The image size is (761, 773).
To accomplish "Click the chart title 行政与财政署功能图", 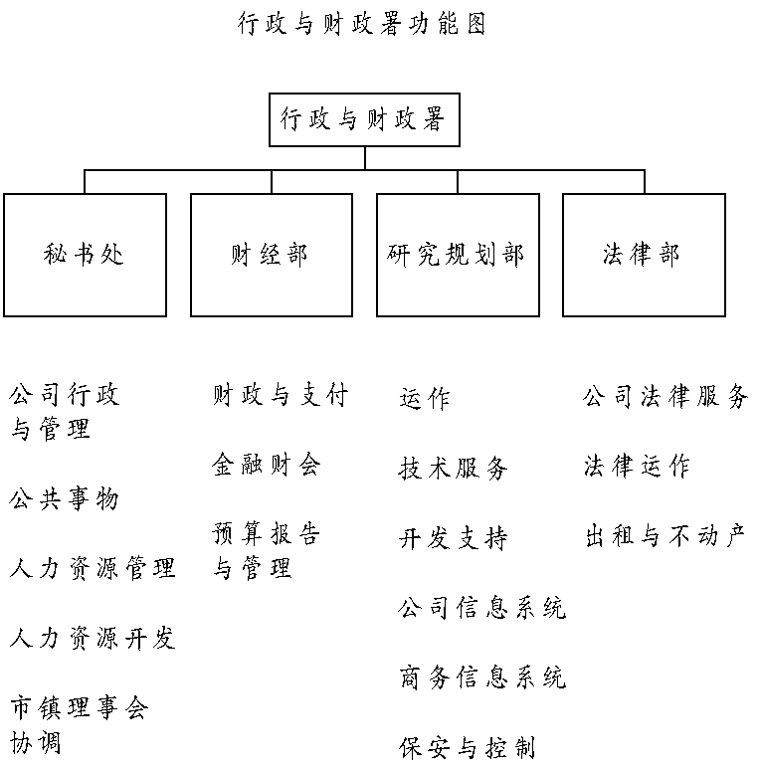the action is (x=362, y=24).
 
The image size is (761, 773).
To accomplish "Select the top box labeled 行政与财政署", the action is (x=364, y=119).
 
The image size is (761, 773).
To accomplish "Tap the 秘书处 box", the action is (x=85, y=255).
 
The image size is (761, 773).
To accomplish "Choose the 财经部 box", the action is (x=272, y=255).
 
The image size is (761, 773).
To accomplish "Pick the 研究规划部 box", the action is (x=458, y=255).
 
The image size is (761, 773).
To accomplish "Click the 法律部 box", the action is (x=645, y=255).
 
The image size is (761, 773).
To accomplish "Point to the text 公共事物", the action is (x=64, y=498).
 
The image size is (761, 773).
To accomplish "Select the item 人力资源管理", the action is (x=93, y=568).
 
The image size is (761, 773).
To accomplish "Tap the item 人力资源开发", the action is (x=93, y=638).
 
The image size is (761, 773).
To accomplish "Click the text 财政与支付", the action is (x=281, y=395).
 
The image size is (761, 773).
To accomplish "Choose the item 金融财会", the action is (x=267, y=465).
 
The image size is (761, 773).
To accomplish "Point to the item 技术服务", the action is (x=453, y=468).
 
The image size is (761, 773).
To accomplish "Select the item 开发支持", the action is (x=453, y=538).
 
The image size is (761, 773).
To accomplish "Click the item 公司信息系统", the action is (x=482, y=607).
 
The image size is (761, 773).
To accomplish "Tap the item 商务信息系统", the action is (x=482, y=676).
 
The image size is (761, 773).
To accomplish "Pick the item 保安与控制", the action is (x=467, y=747).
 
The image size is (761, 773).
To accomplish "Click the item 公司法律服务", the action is (x=666, y=396).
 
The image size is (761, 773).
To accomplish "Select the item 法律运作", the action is (x=637, y=466).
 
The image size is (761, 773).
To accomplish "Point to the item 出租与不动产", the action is (x=666, y=536).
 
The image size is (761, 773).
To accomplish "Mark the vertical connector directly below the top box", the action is (x=365, y=158).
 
